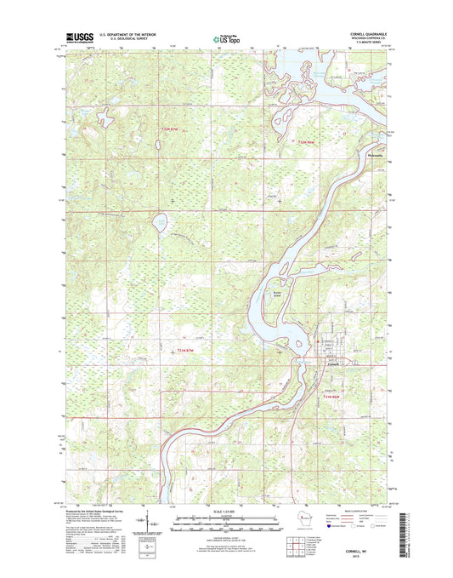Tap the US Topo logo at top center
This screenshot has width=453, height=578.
pyautogui.click(x=226, y=37)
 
